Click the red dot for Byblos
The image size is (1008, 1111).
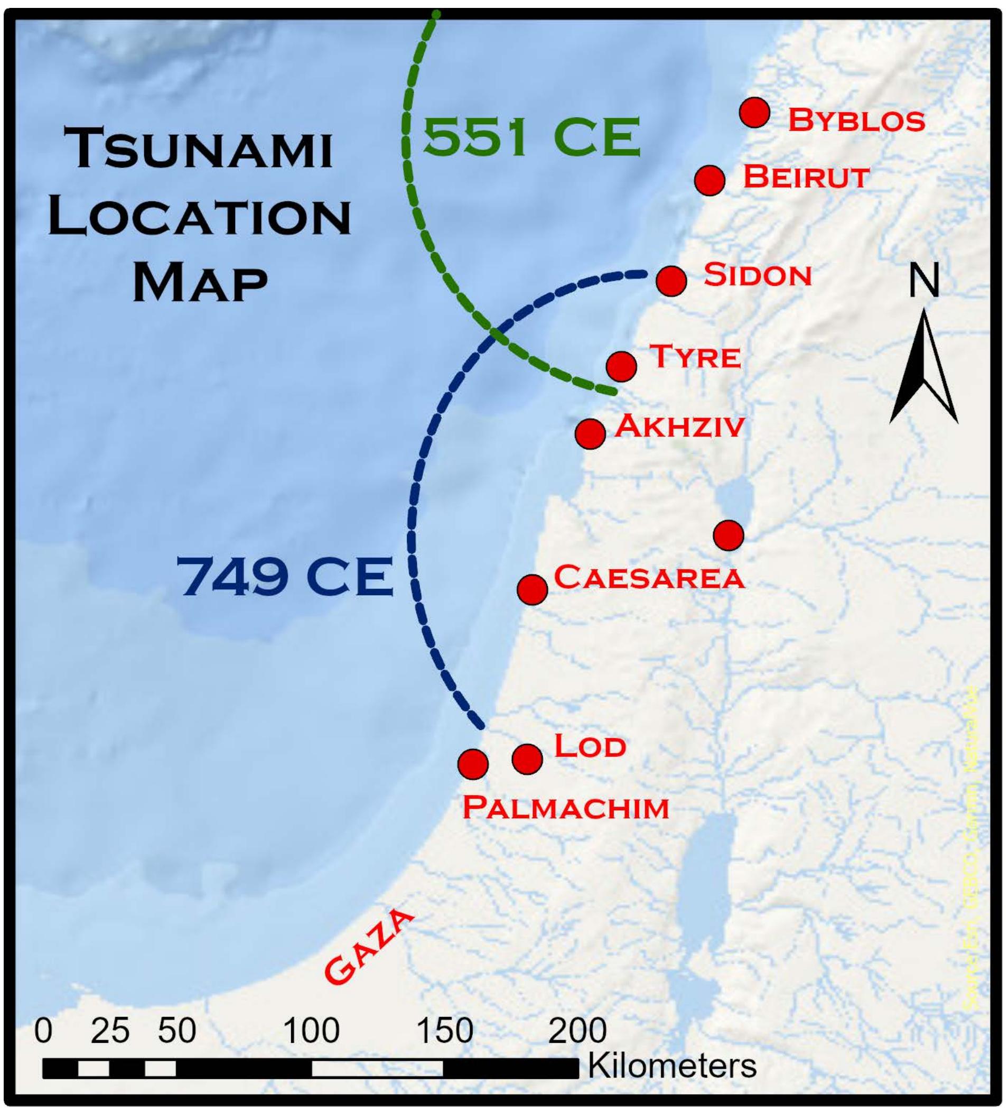pyautogui.click(x=754, y=113)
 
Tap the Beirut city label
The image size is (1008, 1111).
pyautogui.click(x=806, y=177)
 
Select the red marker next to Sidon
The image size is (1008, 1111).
pyautogui.click(x=671, y=281)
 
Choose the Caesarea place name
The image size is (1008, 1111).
pyautogui.click(x=649, y=577)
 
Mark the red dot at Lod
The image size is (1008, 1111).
pyautogui.click(x=527, y=759)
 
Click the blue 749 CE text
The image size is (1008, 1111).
pyautogui.click(x=285, y=577)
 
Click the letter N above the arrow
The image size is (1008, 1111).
pyautogui.click(x=923, y=281)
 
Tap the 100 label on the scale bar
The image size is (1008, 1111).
pyautogui.click(x=312, y=1030)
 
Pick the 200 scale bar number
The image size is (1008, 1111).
pyautogui.click(x=577, y=1030)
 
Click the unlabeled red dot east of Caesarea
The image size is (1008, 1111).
pyautogui.click(x=728, y=534)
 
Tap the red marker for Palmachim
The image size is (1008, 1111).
pyautogui.click(x=473, y=764)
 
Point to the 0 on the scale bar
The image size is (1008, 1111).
pyautogui.click(x=43, y=1030)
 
